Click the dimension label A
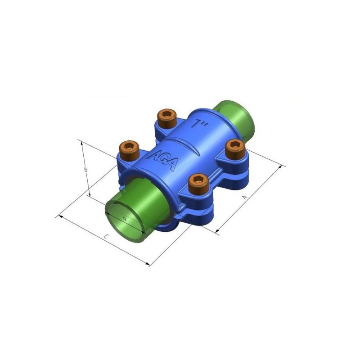(x=245, y=197)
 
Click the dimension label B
(x=85, y=170)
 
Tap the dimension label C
(x=106, y=236)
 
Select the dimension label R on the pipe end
(x=125, y=219)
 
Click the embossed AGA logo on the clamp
(x=162, y=161)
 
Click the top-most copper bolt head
(x=167, y=117)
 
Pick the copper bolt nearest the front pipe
(x=198, y=183)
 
